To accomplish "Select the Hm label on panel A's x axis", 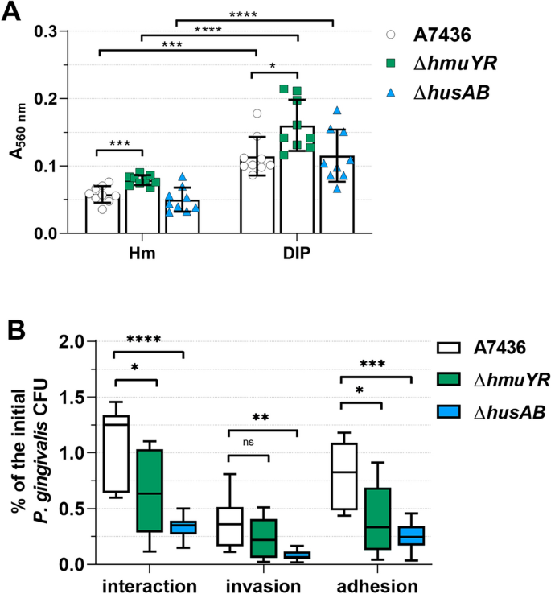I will point(143,252).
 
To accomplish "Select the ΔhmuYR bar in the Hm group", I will point(142,207).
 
